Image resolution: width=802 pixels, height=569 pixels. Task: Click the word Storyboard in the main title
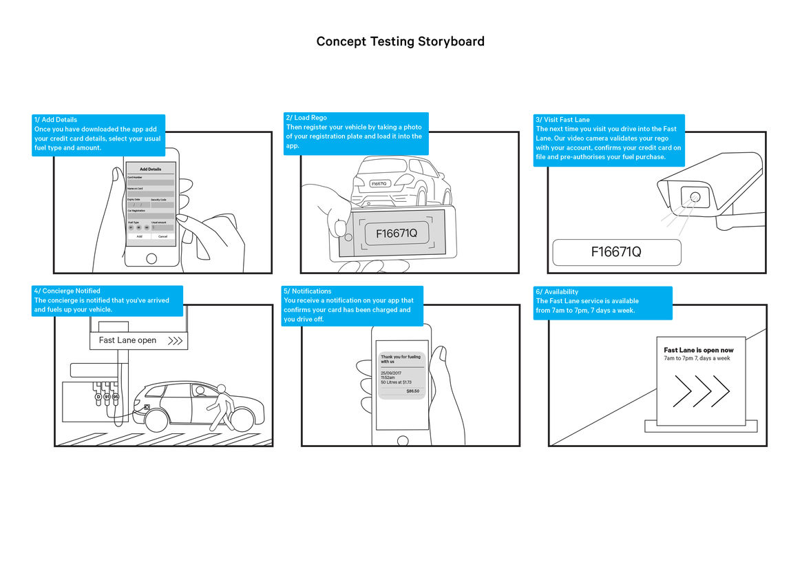click(451, 41)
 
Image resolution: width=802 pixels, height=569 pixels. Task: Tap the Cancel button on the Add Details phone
click(162, 236)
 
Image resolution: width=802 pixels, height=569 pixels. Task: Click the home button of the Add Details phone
click(151, 258)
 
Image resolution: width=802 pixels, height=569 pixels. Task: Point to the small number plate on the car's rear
click(379, 184)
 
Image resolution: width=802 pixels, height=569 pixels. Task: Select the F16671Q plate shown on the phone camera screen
click(396, 234)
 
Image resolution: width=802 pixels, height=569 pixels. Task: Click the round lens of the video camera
click(695, 198)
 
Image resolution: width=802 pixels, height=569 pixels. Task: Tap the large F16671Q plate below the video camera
click(616, 252)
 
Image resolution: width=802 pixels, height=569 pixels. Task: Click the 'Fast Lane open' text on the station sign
click(127, 340)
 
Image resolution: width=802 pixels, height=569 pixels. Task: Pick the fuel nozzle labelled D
click(98, 397)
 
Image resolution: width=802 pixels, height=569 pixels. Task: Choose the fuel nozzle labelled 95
click(116, 397)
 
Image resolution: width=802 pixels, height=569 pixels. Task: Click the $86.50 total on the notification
click(412, 391)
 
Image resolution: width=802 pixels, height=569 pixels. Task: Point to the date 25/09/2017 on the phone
click(392, 373)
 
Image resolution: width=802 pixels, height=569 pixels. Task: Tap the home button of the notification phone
click(403, 440)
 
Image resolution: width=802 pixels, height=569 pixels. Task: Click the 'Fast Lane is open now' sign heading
click(699, 350)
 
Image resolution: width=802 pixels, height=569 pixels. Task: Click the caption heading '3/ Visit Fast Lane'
click(562, 120)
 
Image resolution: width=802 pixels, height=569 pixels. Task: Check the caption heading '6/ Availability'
click(557, 292)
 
